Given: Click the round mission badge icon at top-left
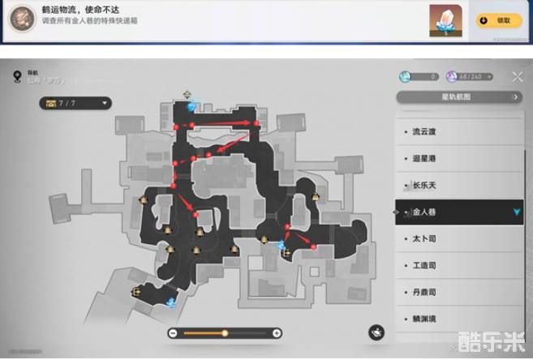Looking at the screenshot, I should click(x=26, y=15).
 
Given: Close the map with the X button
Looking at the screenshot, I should click(x=518, y=76).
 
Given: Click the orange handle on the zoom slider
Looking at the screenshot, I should click(x=225, y=332).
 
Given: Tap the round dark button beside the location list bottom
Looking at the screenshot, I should click(x=376, y=332).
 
